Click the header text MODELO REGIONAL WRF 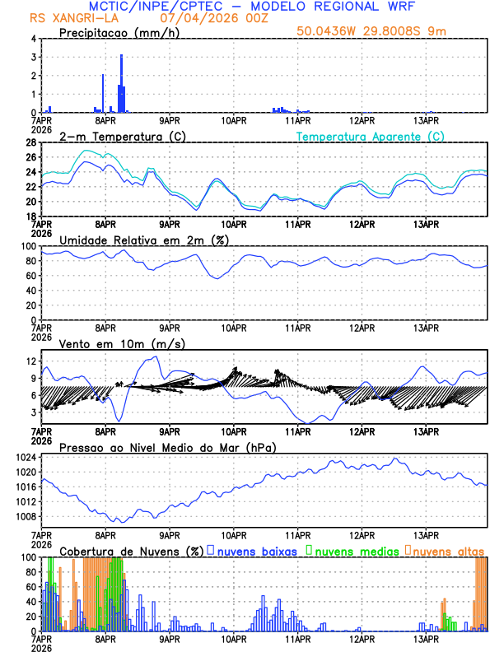coord(350,6)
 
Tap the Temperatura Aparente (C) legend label coord(371,136)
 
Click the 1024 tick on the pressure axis coord(23,457)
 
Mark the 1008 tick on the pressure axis coord(23,517)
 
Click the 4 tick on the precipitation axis coord(32,39)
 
